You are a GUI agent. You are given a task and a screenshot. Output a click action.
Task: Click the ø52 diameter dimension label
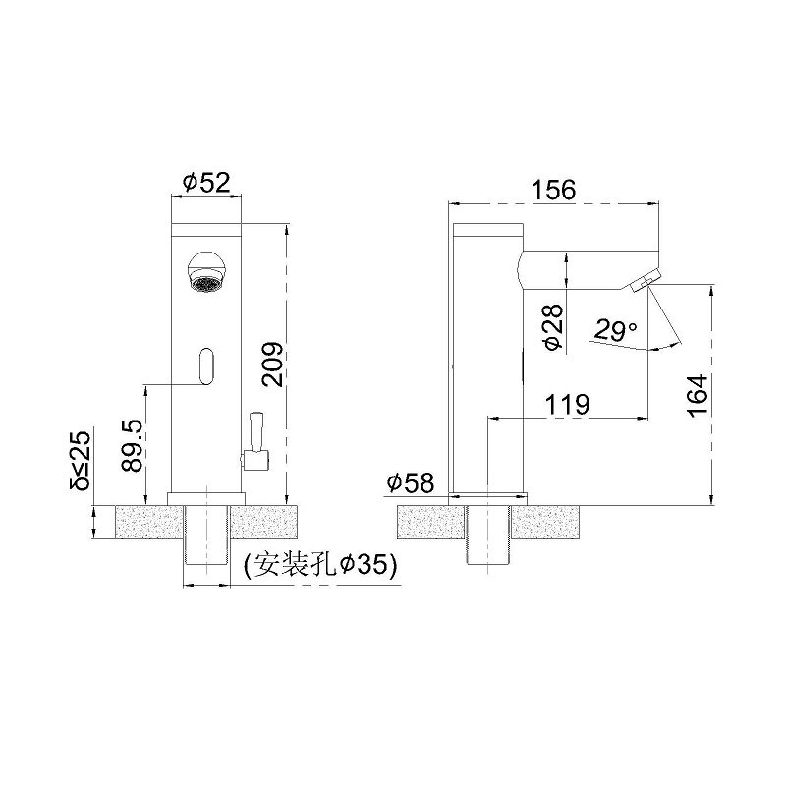point(205,182)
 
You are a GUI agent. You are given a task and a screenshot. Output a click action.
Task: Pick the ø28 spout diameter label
point(552,327)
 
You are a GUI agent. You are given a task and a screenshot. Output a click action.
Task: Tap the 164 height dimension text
point(697,396)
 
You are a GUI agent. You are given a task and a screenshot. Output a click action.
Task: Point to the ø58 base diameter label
point(411,482)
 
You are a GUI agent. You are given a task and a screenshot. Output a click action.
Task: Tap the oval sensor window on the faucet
point(206,365)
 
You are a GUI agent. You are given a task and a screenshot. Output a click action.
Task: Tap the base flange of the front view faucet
point(206,497)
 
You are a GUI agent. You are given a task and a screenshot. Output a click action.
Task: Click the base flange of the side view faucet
point(488,497)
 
